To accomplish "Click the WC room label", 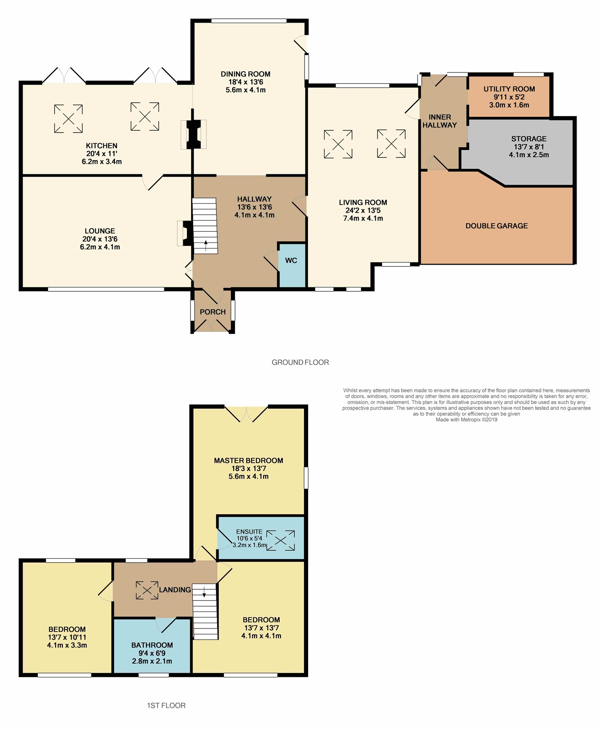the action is tap(291, 260).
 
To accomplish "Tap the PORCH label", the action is tap(213, 312).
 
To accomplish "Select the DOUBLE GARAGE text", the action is tap(496, 226).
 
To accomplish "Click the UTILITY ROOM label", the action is tap(509, 89).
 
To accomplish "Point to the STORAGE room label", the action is tap(529, 139).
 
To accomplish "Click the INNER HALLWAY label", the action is tap(440, 121).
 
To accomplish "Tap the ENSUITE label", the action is tap(249, 532).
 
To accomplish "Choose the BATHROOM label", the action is tap(152, 645).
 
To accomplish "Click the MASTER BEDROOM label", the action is tap(248, 461).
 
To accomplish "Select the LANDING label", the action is tap(175, 590).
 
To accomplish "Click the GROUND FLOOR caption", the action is tap(300, 362).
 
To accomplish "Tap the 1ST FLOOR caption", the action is tap(166, 705).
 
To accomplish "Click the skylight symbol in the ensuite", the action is tap(280, 540).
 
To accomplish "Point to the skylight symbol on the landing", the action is tap(147, 590).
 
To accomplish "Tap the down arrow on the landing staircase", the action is tap(204, 592).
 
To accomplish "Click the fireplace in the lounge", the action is tap(185, 234).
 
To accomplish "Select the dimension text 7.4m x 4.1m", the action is tap(363, 218).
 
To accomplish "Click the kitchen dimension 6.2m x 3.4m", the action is tap(102, 161).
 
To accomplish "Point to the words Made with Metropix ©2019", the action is tap(467, 419).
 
